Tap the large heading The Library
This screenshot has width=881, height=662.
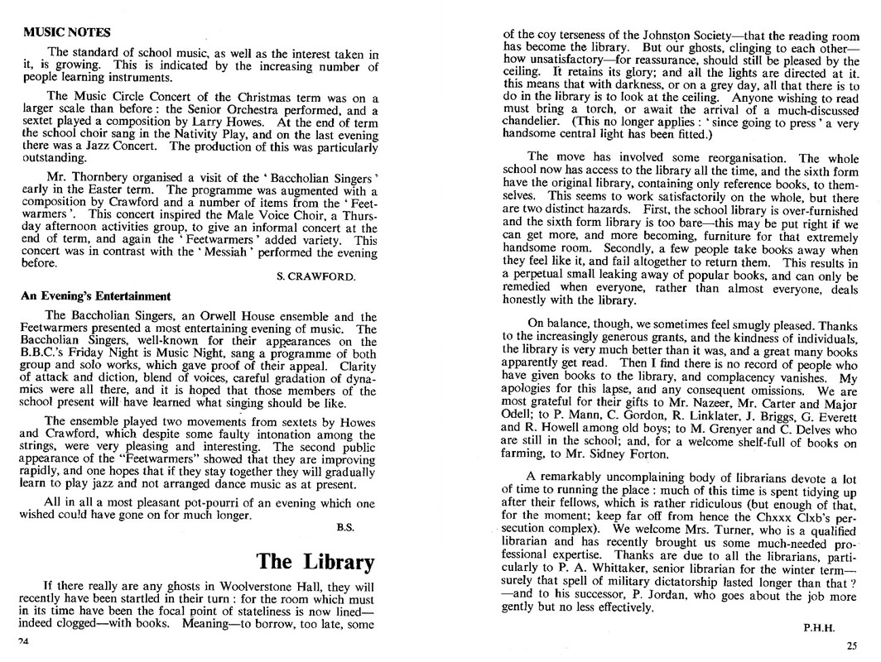[x=315, y=562]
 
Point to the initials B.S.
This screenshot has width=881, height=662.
[x=345, y=526]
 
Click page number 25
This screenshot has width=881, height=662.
[x=852, y=646]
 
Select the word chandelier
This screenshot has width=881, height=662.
[x=534, y=122]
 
